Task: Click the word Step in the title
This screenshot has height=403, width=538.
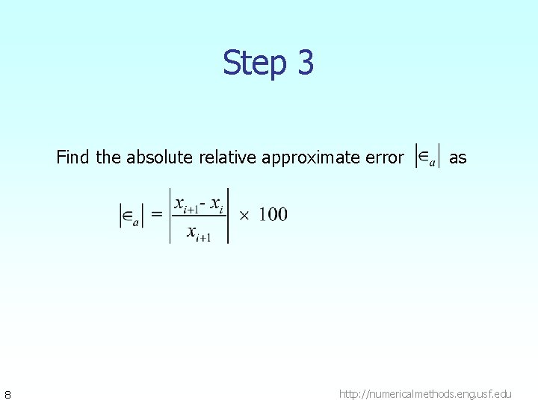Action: click(253, 63)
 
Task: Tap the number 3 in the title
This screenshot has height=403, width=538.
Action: click(305, 63)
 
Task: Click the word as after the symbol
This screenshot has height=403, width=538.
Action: click(457, 157)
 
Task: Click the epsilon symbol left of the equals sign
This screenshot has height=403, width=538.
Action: click(132, 216)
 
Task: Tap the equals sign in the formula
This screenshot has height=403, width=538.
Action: click(157, 216)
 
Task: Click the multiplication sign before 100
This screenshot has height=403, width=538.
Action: click(244, 216)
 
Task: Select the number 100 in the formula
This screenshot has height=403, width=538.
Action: click(273, 216)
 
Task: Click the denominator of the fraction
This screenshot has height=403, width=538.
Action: click(199, 233)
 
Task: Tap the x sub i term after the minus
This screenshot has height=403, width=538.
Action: click(217, 204)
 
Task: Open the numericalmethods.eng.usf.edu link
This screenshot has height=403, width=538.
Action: click(426, 393)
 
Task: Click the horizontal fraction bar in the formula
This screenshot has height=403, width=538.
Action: click(200, 218)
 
